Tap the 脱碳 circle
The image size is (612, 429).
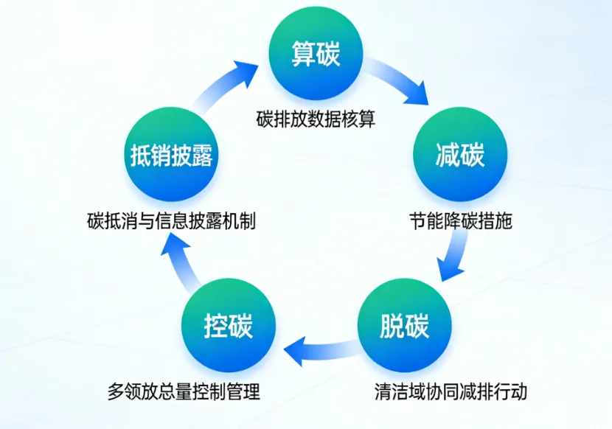pyautogui.click(x=405, y=325)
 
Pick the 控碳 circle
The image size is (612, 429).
pyautogui.click(x=229, y=325)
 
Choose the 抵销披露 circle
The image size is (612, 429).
pyautogui.click(x=171, y=155)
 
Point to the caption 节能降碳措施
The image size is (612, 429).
pyautogui.click(x=461, y=220)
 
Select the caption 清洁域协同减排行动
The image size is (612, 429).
pyautogui.click(x=451, y=391)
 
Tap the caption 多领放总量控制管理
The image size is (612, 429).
pyautogui.click(x=184, y=391)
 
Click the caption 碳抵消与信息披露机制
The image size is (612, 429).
pyautogui.click(x=171, y=220)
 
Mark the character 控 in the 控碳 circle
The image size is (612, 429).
pyautogui.click(x=216, y=325)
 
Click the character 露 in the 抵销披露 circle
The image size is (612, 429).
pyautogui.click(x=202, y=156)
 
